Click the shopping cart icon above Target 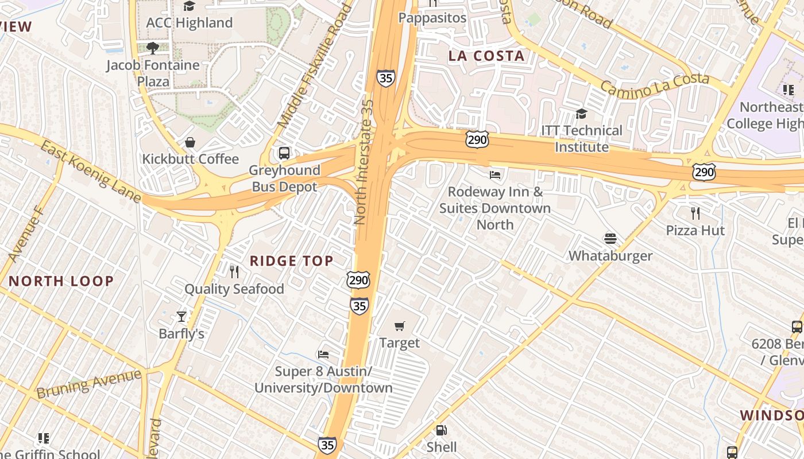tap(400, 326)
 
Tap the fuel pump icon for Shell tap(441, 430)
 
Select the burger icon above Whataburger tap(610, 238)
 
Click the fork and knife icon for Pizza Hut tap(695, 213)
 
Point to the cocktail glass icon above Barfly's tap(181, 316)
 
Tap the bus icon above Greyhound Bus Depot tap(284, 153)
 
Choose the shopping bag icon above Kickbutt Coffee tap(190, 142)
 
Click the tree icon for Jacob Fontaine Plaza tap(152, 48)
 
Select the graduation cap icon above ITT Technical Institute tap(581, 114)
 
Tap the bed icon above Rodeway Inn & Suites tap(495, 174)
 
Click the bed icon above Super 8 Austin tap(323, 355)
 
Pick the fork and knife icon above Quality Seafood tap(234, 271)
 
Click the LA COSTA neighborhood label tap(486, 56)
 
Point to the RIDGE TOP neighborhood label tap(291, 261)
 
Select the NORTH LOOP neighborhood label tap(61, 281)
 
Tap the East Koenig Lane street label tap(90, 171)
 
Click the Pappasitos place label tap(433, 18)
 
